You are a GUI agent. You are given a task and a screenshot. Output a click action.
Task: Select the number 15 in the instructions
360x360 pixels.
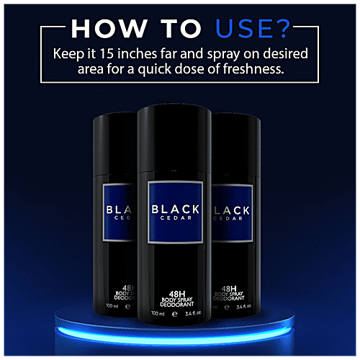[107, 53]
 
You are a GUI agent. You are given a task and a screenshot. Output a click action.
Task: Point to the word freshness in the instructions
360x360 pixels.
[253, 69]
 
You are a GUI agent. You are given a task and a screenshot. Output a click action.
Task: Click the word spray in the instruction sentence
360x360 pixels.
[223, 55]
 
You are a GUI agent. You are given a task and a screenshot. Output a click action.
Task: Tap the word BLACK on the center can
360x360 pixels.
[176, 210]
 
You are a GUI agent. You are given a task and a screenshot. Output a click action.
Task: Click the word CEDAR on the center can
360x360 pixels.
[176, 218]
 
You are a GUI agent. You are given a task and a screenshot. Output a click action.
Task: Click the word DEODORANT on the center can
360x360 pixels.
[177, 305]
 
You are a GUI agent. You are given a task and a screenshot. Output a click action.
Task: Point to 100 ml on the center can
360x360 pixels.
[158, 313]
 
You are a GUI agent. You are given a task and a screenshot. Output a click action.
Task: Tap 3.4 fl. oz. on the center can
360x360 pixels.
[193, 313]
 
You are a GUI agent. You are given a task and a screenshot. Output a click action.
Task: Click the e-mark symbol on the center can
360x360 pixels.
[175, 314]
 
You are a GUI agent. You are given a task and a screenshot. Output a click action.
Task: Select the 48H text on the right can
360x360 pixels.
[229, 289]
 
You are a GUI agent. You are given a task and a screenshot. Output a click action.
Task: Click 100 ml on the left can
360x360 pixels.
[112, 306]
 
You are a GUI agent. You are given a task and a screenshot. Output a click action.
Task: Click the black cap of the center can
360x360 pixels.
[174, 138]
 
